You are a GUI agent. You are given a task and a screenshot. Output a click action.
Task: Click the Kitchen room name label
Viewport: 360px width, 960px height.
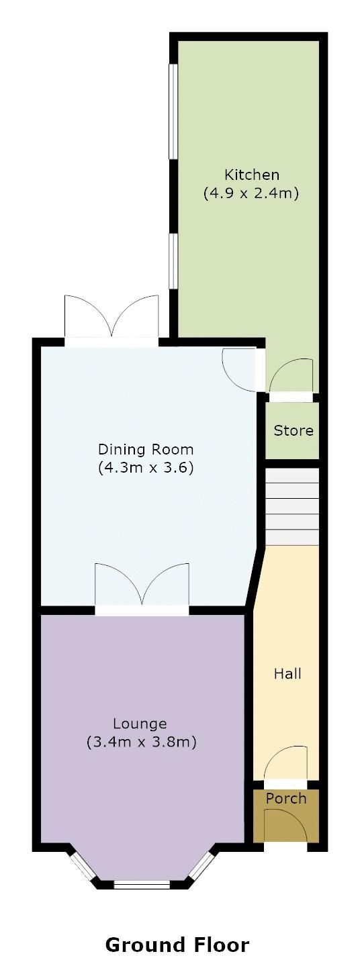coord(252,175)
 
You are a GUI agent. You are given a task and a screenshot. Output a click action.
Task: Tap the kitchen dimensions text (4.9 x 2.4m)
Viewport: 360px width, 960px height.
coord(251,193)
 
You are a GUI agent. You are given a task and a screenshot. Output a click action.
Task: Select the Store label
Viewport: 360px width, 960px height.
coord(294,430)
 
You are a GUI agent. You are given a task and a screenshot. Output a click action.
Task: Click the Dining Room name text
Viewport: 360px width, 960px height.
coord(146,449)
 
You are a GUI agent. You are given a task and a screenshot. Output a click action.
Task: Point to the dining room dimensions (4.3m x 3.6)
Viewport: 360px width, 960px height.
coord(146,467)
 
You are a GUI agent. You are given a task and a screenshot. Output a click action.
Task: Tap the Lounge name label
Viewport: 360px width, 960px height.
coord(140,724)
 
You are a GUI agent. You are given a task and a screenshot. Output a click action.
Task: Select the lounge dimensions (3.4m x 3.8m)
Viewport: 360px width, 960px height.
coord(142,742)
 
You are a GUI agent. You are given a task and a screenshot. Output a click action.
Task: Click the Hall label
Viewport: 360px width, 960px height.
coord(287,674)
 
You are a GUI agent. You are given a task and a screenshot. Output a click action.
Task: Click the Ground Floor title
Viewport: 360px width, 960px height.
coord(177,933)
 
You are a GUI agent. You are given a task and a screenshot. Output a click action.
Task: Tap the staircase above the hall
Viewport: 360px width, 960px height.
coord(293,507)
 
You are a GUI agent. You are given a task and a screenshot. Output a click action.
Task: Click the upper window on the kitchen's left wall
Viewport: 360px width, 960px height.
coord(173,112)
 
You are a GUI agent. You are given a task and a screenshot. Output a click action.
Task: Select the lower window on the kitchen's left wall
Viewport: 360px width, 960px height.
coord(173,261)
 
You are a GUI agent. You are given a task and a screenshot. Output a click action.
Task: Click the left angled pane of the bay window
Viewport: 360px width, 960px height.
coord(82,867)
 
